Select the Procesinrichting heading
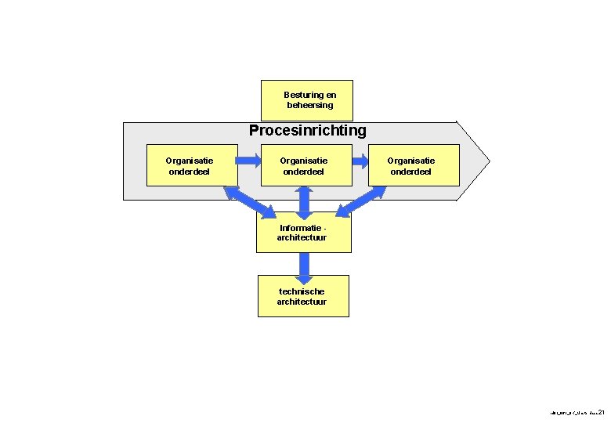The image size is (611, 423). [x=307, y=130]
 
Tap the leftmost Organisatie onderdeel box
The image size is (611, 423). [x=190, y=165]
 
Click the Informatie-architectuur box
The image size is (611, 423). [x=303, y=233]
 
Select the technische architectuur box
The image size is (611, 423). [x=303, y=296]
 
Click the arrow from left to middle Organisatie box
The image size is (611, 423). [x=247, y=161]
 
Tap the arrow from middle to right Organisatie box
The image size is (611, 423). [x=360, y=161]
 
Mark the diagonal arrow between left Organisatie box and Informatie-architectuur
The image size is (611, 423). [x=249, y=201]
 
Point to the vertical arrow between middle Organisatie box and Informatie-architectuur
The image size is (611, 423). [x=305, y=201]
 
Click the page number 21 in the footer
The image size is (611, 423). [x=601, y=411]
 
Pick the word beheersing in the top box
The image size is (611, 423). [x=309, y=105]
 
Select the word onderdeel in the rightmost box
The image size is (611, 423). [x=411, y=172]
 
